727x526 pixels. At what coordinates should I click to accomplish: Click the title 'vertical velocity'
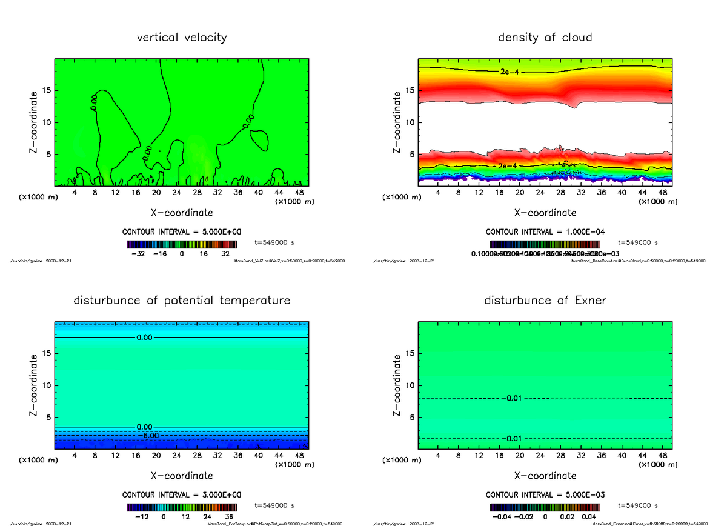(x=182, y=38)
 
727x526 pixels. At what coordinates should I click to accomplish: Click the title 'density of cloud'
(x=545, y=38)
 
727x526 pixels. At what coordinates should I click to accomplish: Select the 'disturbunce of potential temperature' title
(x=182, y=301)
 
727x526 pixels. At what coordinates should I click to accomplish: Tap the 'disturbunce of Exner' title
(x=545, y=301)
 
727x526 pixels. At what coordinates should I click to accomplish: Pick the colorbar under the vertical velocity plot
(x=182, y=245)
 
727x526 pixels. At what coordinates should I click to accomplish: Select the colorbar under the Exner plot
(x=545, y=508)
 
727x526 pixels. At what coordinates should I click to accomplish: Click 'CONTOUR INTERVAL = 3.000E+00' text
(x=182, y=494)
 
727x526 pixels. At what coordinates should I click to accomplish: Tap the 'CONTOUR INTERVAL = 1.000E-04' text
(x=545, y=231)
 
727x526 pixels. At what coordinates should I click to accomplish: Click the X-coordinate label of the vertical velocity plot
(x=182, y=213)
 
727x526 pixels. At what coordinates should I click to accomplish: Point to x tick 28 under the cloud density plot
(x=560, y=193)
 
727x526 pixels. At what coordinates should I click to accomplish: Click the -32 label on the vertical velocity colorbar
(x=141, y=255)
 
